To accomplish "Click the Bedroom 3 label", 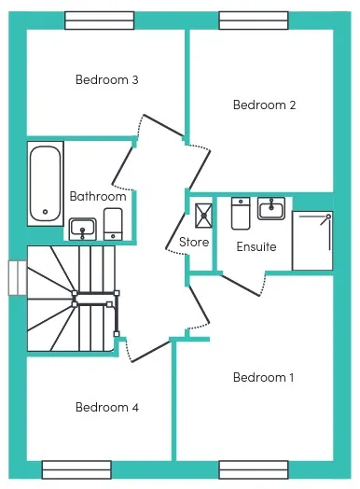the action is (x=107, y=80).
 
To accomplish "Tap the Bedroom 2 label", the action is (x=264, y=105).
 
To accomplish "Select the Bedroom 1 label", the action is (x=263, y=377).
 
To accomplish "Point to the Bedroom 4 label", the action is (x=107, y=407).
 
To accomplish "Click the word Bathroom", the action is (x=98, y=196).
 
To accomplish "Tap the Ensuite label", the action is (x=256, y=246).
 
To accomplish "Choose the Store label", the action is (x=194, y=242).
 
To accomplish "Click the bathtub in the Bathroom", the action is (x=46, y=184).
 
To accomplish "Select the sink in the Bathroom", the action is (x=83, y=230).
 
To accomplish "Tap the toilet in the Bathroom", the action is (x=113, y=224).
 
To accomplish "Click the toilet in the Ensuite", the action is (x=241, y=214).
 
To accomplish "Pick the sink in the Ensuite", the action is (x=271, y=208).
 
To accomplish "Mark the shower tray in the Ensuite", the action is (x=312, y=241).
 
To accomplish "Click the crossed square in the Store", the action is (x=203, y=216).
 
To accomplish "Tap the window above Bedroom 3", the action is (x=100, y=21).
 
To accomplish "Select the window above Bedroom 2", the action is (x=254, y=21).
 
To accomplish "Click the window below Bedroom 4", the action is (x=76, y=469).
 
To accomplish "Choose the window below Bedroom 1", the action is (x=254, y=469).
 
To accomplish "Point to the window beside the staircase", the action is (x=18, y=278).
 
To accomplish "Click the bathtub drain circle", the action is (x=46, y=212).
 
